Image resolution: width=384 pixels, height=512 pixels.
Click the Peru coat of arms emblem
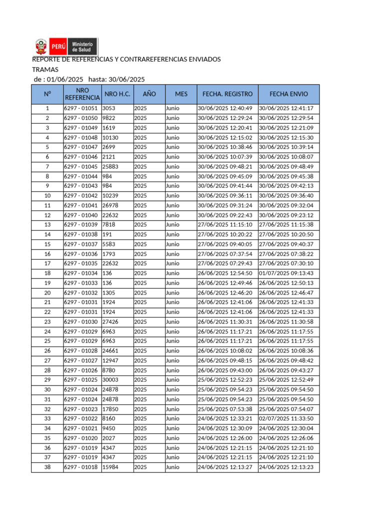coord(40,47)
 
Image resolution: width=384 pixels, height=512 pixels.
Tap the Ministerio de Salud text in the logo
coord(82,47)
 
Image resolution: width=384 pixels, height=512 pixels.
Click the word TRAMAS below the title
coord(45,69)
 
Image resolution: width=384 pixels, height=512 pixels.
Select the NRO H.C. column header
coord(117,94)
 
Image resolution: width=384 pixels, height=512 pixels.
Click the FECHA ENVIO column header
coord(288,94)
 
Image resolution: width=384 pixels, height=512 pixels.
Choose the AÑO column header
coord(149,94)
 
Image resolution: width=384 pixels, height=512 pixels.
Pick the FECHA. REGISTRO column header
coord(227,94)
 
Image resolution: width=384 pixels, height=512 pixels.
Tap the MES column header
coord(181,94)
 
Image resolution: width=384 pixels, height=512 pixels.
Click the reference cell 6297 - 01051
coord(81,108)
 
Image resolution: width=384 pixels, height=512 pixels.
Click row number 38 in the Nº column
coord(47,467)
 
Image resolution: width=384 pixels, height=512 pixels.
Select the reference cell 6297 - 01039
coord(81,224)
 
